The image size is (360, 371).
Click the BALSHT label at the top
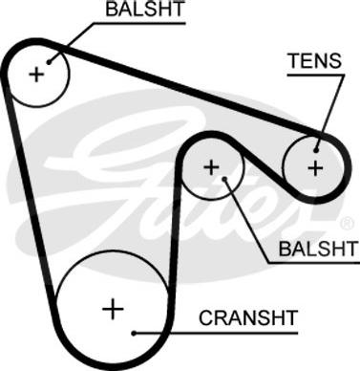[145, 9]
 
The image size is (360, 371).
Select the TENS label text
[314, 60]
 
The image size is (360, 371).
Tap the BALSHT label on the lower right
[318, 249]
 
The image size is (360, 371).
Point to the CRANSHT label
[248, 317]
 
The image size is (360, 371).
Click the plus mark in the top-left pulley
[36, 75]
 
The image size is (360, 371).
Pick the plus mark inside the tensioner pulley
[316, 168]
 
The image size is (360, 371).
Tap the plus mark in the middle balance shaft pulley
[211, 167]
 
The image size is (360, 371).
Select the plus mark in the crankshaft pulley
[113, 309]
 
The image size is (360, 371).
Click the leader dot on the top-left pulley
[49, 62]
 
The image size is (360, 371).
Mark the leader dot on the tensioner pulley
[316, 150]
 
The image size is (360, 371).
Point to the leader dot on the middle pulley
[224, 179]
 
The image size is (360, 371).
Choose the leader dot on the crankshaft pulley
[134, 334]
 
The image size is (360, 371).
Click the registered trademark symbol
[347, 224]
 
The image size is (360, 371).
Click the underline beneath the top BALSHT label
[139, 23]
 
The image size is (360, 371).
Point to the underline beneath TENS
[316, 76]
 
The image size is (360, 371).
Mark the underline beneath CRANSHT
[216, 334]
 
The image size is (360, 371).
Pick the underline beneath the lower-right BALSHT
[314, 263]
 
